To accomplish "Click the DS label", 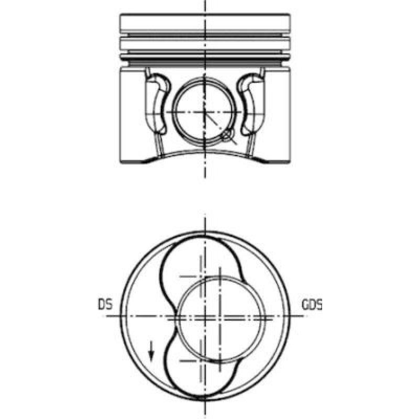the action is (x=105, y=304).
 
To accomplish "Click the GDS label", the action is (x=312, y=305).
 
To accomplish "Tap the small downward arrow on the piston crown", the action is (x=151, y=351).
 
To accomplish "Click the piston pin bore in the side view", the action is (x=172, y=112).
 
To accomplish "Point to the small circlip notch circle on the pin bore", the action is (x=227, y=136).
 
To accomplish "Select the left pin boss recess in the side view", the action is (x=157, y=104).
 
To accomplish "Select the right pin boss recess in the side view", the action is (x=251, y=104).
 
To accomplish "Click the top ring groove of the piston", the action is (x=205, y=35).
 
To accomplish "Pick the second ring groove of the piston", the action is (x=205, y=51).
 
